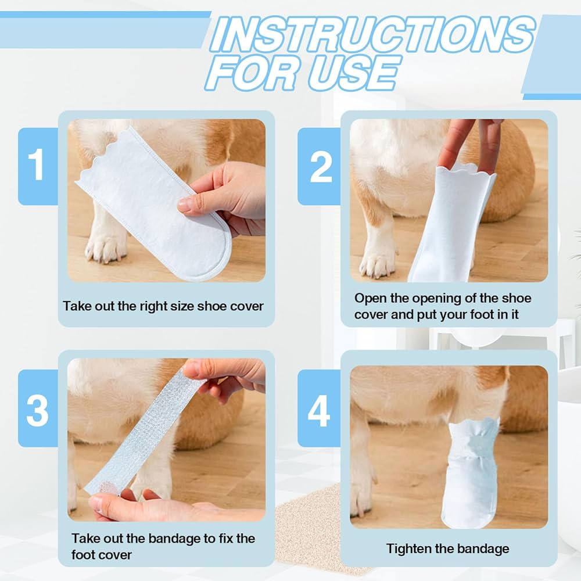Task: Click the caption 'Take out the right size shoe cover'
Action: (x=163, y=306)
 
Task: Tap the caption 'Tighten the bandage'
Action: (x=447, y=548)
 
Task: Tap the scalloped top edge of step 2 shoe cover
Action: (x=465, y=171)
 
